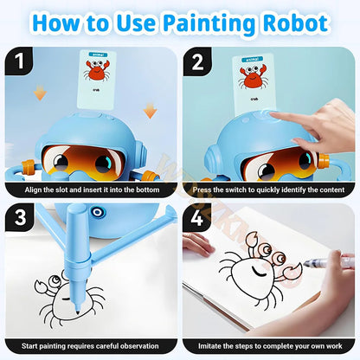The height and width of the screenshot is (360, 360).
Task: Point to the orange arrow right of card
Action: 149,109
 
